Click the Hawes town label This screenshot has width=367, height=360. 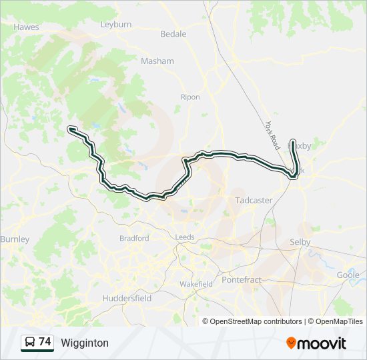(x=27, y=27)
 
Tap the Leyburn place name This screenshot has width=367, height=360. (x=116, y=24)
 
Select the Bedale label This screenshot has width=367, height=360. (x=173, y=34)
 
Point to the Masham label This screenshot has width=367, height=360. (x=157, y=61)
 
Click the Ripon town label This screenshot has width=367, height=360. (x=190, y=97)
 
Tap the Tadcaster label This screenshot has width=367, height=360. (x=254, y=200)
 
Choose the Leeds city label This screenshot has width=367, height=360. (x=185, y=237)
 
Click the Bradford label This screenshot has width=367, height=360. (x=134, y=238)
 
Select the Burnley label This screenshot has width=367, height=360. (x=15, y=239)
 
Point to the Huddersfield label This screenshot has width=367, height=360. (x=127, y=299)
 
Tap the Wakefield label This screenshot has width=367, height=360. (x=196, y=284)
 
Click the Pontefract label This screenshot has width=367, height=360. (x=242, y=280)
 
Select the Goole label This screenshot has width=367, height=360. (x=348, y=275)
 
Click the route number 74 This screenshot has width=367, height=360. (x=45, y=342)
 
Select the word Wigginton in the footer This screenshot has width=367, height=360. (x=85, y=343)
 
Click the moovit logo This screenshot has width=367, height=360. (x=316, y=343)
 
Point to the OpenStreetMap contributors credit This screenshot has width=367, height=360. (x=256, y=321)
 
